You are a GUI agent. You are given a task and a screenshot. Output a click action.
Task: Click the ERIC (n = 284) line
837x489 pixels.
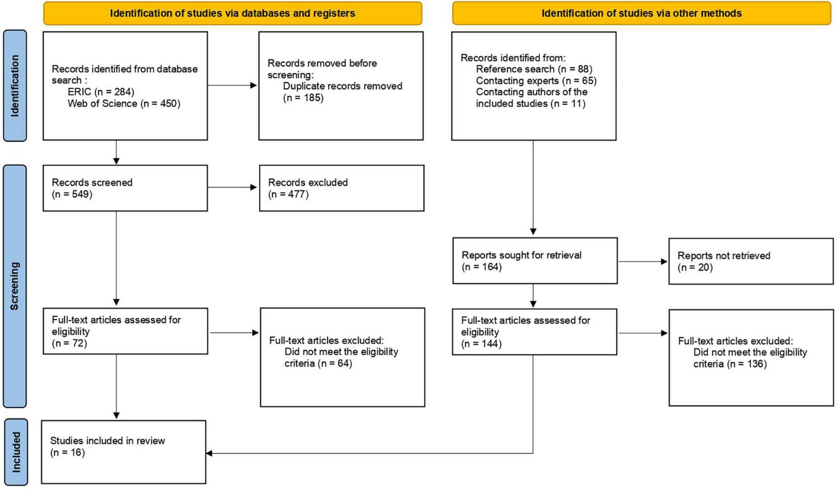click(x=101, y=92)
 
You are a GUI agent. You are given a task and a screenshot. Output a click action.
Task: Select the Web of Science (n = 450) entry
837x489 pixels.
click(x=124, y=103)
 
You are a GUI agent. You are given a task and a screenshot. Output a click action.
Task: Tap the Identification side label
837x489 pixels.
click(x=15, y=86)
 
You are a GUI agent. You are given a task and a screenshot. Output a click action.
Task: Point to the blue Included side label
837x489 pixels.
click(x=16, y=452)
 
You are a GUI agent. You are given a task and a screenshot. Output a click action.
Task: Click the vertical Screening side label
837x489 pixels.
click(x=15, y=286)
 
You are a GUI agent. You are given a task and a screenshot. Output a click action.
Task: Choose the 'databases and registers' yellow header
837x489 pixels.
click(x=232, y=13)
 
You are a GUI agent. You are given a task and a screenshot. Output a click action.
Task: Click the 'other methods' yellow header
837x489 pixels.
click(x=641, y=13)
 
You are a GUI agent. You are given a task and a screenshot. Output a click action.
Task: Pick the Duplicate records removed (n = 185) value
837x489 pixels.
click(x=303, y=98)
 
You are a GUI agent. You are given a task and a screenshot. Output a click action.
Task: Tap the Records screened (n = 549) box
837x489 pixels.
click(x=125, y=188)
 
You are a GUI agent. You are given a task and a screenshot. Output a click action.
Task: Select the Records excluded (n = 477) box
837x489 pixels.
click(x=341, y=188)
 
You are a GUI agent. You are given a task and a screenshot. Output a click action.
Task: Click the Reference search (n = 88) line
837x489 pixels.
click(x=534, y=69)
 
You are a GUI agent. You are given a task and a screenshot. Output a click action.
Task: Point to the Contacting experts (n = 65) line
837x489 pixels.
click(x=536, y=81)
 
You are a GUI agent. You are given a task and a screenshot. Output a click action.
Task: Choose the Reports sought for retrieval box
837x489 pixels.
click(x=534, y=261)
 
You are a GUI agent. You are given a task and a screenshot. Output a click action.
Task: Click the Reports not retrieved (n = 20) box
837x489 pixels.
click(x=751, y=261)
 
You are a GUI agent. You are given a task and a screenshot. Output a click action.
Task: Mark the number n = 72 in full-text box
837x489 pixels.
click(x=69, y=343)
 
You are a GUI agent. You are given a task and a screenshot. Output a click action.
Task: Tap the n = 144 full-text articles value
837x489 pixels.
click(x=481, y=344)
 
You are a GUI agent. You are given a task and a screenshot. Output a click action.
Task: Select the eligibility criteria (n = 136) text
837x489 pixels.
click(x=730, y=364)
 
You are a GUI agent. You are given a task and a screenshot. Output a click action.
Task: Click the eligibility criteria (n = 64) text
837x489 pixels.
click(x=318, y=363)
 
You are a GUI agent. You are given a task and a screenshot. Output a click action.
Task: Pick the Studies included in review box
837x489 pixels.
click(x=124, y=452)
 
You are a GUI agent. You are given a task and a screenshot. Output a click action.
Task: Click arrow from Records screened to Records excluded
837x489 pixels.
click(x=232, y=188)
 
